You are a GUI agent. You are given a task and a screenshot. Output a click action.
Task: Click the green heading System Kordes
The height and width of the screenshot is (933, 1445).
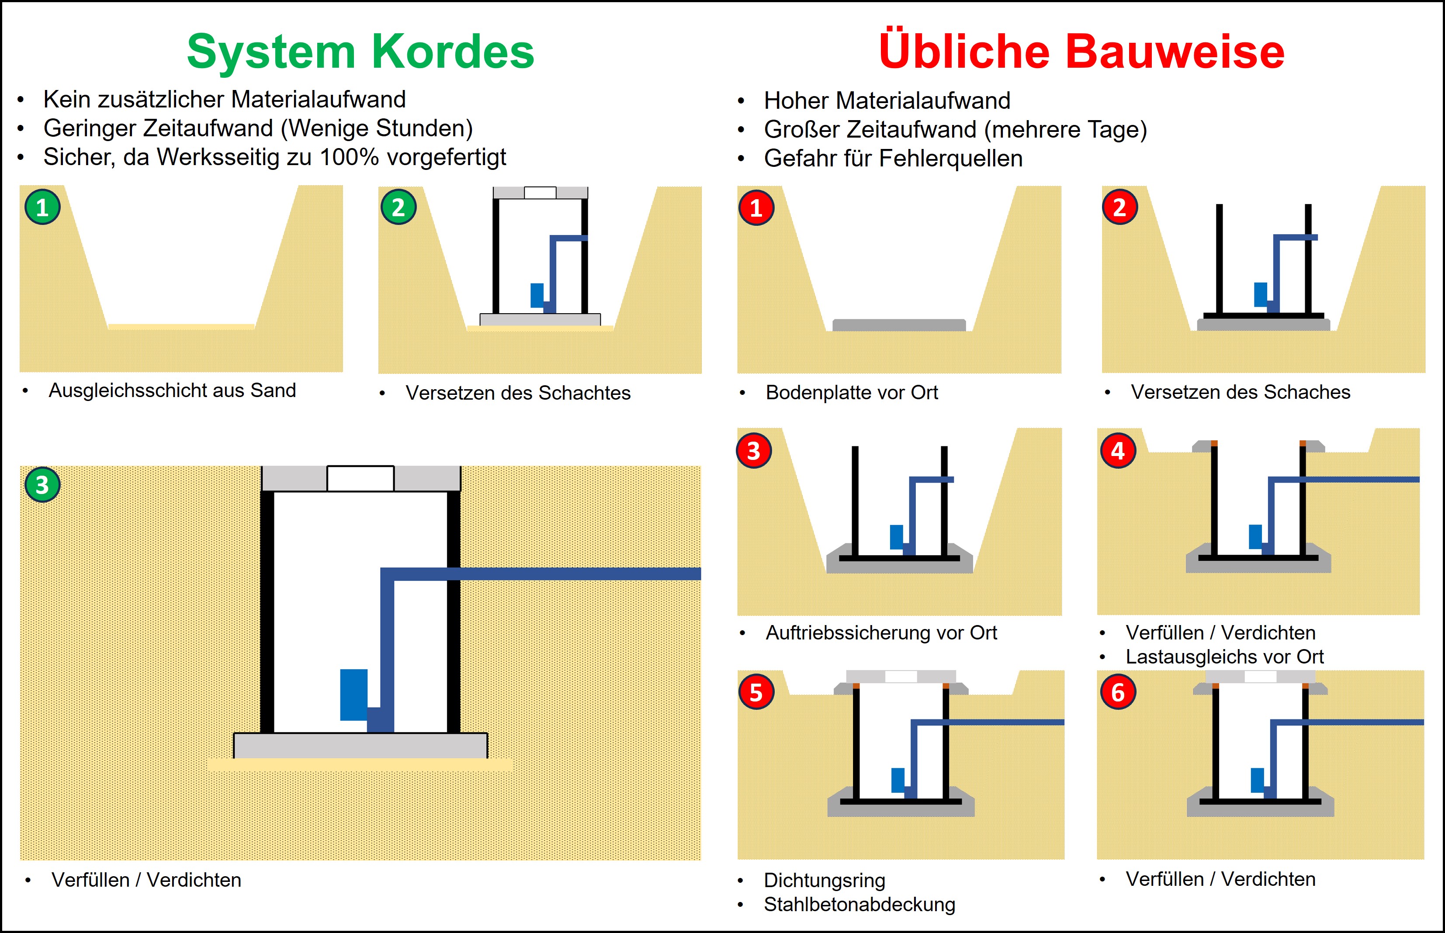pos(360,52)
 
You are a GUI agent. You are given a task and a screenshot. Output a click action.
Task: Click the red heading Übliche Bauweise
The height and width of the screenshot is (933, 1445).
pos(1081,52)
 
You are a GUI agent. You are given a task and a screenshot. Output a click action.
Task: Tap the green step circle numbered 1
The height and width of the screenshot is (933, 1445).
pos(42,207)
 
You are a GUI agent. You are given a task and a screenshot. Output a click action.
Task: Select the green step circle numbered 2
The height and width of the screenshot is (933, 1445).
pos(398,207)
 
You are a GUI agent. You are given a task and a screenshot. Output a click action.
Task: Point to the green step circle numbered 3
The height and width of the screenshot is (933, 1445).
pos(42,485)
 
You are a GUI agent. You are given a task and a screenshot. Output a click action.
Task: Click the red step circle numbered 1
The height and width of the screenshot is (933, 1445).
pos(755,208)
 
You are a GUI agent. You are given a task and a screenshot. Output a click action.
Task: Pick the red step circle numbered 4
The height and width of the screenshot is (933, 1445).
pos(1118,451)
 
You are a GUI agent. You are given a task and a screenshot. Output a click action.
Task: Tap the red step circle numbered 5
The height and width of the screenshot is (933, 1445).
pos(755,692)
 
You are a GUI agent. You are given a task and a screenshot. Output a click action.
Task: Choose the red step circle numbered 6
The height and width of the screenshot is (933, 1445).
pos(1118,692)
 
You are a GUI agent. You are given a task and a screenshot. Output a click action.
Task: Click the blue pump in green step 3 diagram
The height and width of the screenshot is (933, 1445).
pos(354,695)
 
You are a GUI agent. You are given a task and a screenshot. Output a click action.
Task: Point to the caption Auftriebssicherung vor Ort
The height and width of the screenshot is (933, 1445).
pos(881,633)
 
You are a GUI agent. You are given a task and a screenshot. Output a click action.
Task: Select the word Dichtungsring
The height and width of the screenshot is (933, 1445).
pos(825,880)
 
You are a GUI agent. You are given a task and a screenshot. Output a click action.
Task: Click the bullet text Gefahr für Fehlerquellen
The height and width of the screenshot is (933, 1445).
pos(893,159)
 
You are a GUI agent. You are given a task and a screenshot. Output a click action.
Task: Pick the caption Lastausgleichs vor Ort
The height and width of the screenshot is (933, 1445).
pos(1224,657)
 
